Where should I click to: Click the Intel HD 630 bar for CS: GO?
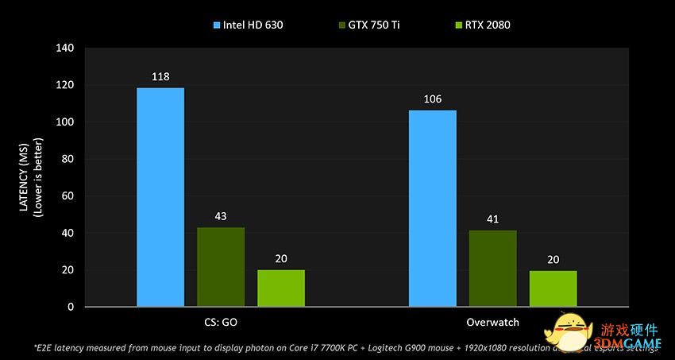point(160,197)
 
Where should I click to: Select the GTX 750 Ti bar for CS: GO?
point(221,267)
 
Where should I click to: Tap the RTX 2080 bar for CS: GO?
point(281,288)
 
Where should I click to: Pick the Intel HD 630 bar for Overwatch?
point(433,208)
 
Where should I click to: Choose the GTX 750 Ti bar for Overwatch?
point(493,269)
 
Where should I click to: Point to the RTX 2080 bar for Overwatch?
point(553,288)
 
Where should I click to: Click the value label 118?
point(160,77)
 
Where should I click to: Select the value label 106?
point(433,99)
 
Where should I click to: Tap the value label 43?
point(221,216)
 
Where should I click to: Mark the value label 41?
point(493,219)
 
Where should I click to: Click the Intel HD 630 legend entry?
point(248,25)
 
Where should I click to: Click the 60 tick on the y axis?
point(67,196)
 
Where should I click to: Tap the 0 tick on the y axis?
point(71,307)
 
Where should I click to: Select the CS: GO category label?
point(221,323)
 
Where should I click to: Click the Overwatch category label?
point(493,323)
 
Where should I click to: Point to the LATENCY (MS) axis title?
point(25,176)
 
